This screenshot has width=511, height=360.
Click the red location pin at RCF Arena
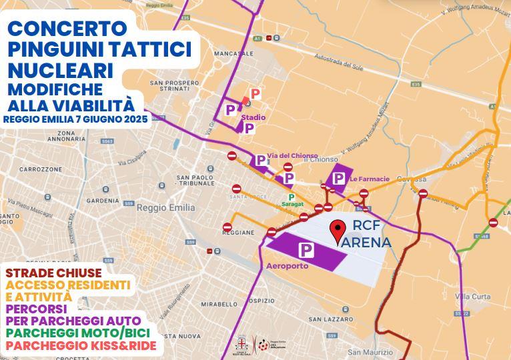point(338,232)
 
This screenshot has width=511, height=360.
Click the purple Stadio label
point(253,117)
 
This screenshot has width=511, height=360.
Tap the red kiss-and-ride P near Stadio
point(255,94)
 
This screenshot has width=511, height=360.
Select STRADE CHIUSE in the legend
point(53,273)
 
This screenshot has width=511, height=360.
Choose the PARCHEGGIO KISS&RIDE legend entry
point(80,346)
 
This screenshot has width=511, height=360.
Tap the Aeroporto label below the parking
point(287,265)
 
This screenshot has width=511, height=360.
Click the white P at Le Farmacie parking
point(339,178)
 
